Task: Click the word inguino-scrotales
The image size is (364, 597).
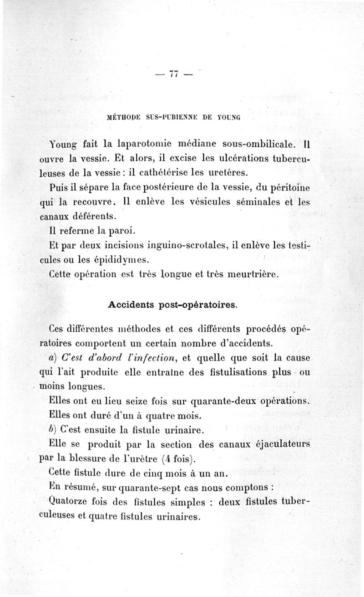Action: coord(187,246)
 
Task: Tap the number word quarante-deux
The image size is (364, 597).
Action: coord(224,402)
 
